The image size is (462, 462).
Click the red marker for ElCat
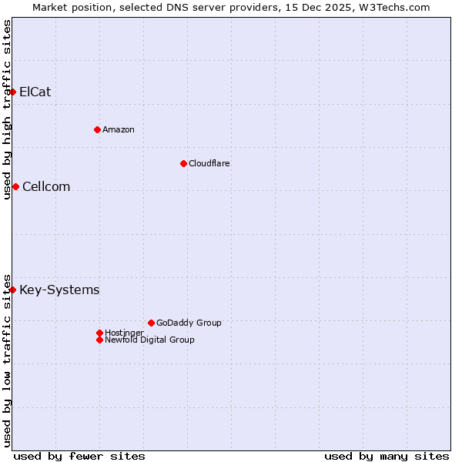12,92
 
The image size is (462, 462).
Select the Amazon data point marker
97,129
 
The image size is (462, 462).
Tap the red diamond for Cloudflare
183,163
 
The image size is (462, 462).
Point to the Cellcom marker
15,186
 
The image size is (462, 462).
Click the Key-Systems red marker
12,290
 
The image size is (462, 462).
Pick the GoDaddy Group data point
151,323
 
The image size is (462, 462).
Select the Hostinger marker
99,333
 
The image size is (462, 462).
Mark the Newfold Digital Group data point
99,340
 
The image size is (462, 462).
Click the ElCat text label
35,92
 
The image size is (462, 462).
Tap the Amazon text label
118,129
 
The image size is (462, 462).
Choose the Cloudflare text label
209,163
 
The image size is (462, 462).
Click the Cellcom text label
46,186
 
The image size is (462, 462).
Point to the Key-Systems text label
59,290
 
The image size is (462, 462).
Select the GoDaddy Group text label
189,323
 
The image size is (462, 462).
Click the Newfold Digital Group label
149,340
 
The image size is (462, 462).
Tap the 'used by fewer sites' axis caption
79,456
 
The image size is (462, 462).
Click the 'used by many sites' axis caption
387,456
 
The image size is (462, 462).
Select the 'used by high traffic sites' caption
7,109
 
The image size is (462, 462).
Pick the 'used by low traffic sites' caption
7,360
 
